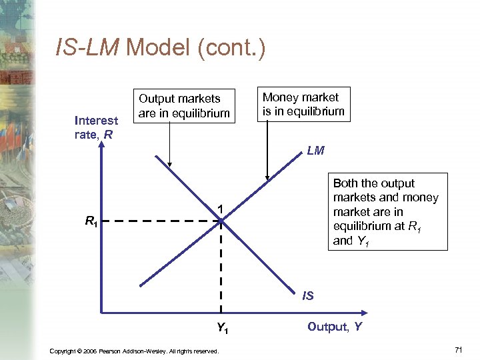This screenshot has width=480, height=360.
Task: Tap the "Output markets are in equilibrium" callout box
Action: click(x=184, y=106)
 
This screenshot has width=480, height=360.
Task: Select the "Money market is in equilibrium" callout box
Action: click(x=303, y=105)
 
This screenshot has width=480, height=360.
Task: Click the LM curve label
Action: click(x=316, y=151)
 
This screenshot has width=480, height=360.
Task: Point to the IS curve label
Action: click(x=307, y=295)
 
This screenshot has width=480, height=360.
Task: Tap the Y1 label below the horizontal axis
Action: click(x=223, y=327)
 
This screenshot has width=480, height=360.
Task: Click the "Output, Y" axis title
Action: click(x=335, y=327)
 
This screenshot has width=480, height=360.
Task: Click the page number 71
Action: click(x=457, y=350)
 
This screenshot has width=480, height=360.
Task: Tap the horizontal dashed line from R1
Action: click(x=160, y=221)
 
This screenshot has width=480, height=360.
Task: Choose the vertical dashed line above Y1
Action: click(x=221, y=267)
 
